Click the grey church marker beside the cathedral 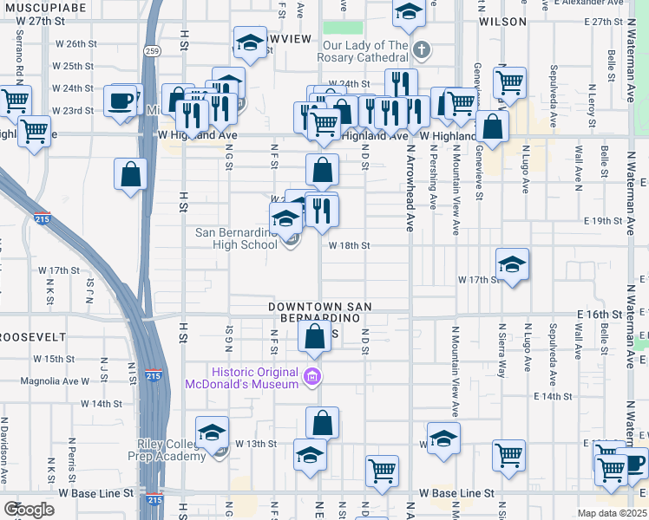pos(421,49)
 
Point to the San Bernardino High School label pos(236,238)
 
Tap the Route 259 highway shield pos(151,52)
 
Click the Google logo pos(29,510)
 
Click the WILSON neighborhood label pos(502,21)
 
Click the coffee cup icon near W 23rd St pos(121,100)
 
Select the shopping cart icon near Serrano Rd pos(16,101)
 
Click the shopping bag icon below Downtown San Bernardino pos(315,336)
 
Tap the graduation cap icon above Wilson pos(408,12)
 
